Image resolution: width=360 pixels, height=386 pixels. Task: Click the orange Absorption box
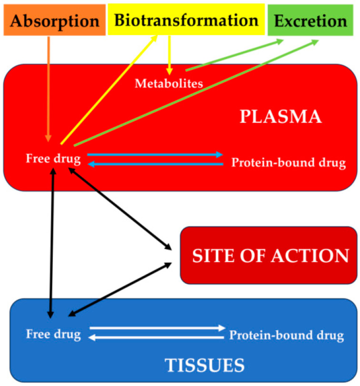54,20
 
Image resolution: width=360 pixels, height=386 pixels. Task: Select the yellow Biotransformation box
186,20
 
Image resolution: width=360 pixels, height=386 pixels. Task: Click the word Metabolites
169,83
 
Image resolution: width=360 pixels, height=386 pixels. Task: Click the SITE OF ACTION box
270,256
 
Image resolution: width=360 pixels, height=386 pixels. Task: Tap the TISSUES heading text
204,365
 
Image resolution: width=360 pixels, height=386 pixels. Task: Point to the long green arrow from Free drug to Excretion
195,93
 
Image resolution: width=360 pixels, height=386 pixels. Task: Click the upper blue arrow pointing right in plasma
155,154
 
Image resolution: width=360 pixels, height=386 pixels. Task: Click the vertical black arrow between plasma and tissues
52,243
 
